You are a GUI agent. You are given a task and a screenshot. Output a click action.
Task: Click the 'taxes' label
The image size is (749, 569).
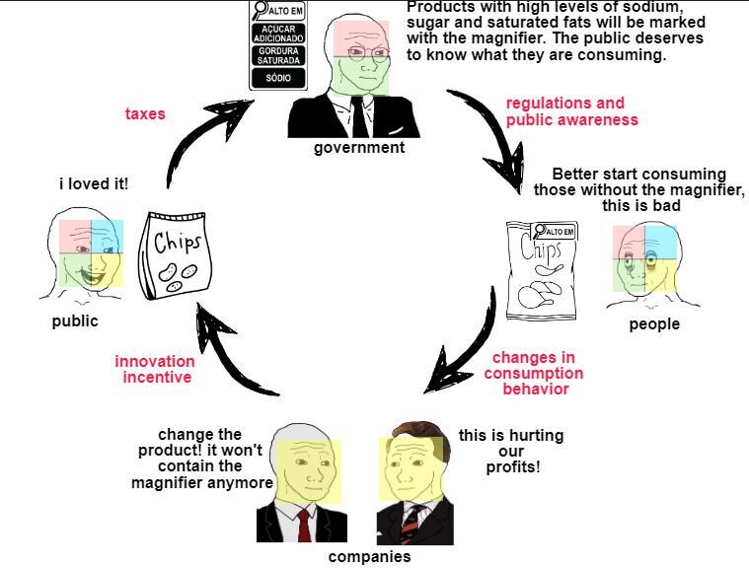[x=145, y=113]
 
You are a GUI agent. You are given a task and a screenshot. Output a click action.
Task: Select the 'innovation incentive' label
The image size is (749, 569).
[x=155, y=369]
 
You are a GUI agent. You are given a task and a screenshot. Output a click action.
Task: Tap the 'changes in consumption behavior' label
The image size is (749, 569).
[x=534, y=373]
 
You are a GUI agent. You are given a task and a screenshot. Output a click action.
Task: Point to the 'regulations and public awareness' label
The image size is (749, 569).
[x=571, y=111]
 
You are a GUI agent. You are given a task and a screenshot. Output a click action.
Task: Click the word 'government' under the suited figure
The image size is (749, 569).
[x=359, y=148]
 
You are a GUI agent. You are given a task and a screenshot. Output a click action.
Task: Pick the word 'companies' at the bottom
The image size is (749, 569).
[x=369, y=556]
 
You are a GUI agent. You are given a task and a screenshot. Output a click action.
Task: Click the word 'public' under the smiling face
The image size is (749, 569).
[x=75, y=321]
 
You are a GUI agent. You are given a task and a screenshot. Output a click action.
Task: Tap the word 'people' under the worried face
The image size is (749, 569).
[x=654, y=324]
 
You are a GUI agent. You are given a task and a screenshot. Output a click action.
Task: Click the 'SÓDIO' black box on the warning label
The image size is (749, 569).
[x=278, y=78]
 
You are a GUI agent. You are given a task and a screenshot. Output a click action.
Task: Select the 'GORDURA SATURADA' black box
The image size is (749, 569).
[x=278, y=56]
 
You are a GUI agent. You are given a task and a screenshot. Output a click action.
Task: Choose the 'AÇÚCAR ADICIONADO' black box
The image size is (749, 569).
[x=278, y=34]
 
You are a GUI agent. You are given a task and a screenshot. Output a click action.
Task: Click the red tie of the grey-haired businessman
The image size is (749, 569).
[x=304, y=526]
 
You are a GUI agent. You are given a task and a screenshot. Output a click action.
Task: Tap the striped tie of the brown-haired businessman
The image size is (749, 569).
[x=410, y=524]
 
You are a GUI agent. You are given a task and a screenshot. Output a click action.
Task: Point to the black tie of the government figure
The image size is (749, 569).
[x=358, y=117]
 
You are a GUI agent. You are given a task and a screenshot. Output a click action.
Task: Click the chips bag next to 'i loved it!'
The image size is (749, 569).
[x=176, y=255]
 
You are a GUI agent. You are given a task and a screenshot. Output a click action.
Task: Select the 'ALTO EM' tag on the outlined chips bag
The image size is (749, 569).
[x=555, y=232]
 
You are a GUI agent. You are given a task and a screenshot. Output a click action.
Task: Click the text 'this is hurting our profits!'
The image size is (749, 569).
[x=511, y=451]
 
